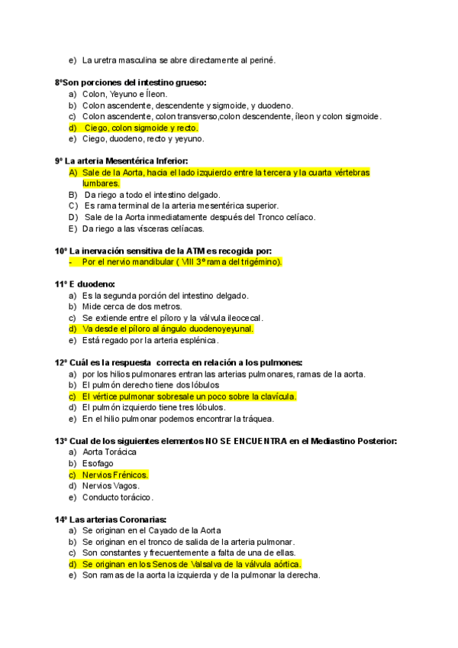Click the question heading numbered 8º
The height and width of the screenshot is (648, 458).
131,83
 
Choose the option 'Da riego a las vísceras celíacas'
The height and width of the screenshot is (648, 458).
145,228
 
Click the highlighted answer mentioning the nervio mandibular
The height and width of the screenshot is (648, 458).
182,262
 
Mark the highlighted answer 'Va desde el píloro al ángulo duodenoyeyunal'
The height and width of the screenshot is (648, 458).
167,329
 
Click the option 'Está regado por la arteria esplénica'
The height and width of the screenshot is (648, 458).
150,340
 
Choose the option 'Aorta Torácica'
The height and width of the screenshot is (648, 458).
110,452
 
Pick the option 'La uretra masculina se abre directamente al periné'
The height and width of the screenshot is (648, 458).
179,60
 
